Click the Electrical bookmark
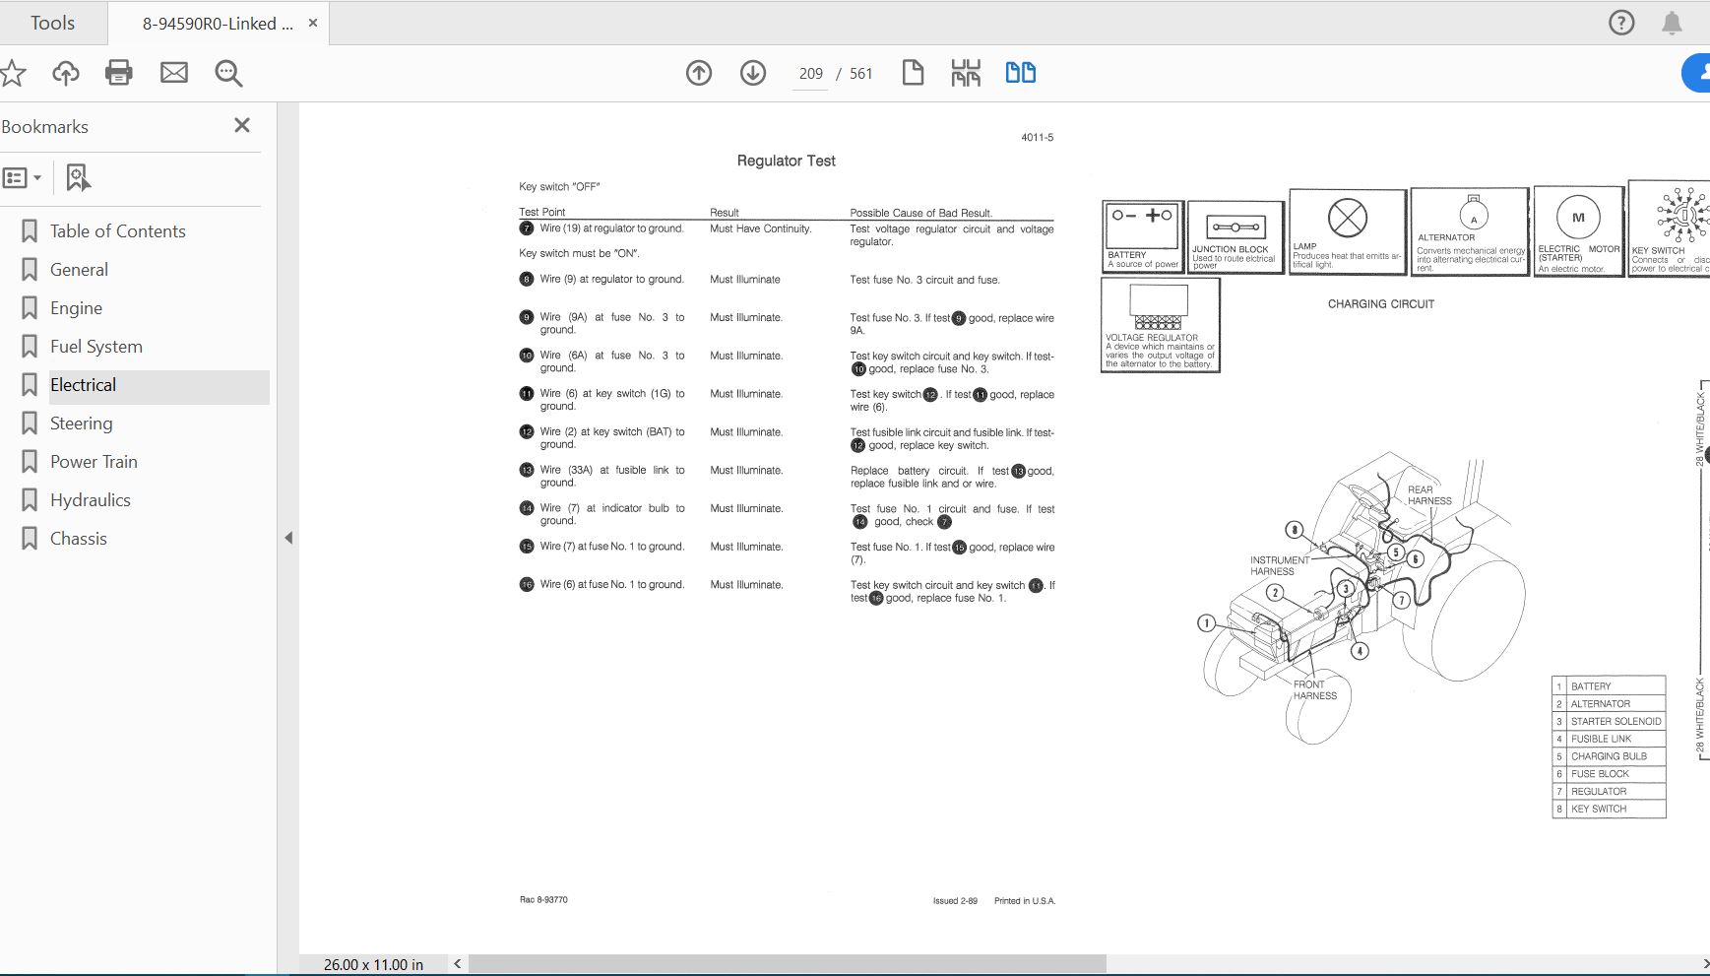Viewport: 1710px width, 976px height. tap(84, 385)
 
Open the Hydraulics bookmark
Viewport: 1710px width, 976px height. tap(90, 500)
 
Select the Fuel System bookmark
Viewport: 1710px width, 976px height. tap(95, 347)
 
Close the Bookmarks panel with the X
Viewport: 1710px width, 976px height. tap(242, 125)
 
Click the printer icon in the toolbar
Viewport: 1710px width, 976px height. tap(119, 73)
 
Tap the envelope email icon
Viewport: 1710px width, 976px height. tap(174, 73)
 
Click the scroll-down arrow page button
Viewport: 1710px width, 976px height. tap(753, 73)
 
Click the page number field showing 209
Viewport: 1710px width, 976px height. tap(810, 74)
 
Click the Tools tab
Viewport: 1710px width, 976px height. tap(52, 23)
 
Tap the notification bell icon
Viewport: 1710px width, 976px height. tap(1672, 23)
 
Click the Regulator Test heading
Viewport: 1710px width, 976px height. tap(786, 161)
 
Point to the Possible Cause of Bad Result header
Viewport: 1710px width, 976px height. tap(920, 213)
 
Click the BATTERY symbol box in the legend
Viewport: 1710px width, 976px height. tap(1142, 234)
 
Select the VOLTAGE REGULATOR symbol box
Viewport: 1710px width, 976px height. tap(1160, 323)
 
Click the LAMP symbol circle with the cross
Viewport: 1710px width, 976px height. tap(1347, 218)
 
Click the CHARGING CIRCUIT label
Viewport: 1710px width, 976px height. tap(1380, 304)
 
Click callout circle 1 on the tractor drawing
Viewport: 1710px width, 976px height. tap(1206, 622)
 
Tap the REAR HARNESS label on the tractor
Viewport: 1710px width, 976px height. tap(1428, 494)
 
